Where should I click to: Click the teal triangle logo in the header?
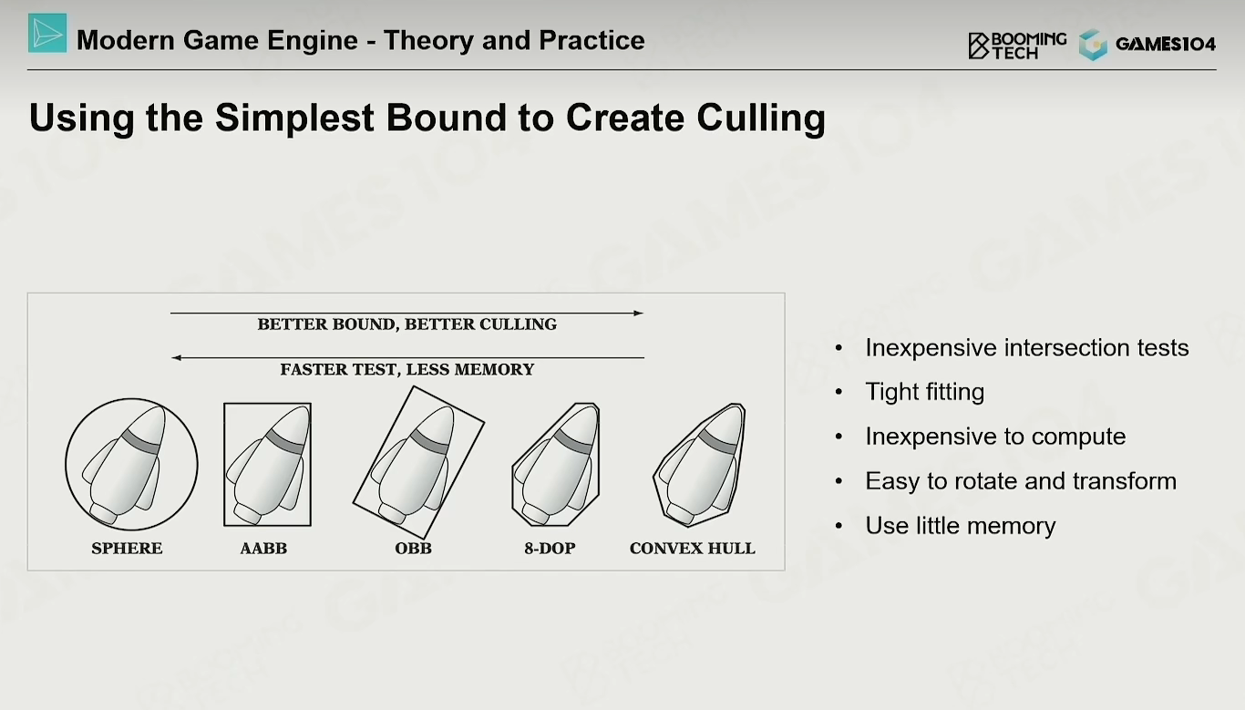pyautogui.click(x=47, y=34)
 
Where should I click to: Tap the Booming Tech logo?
pyautogui.click(x=1017, y=45)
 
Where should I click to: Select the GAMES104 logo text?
pyautogui.click(x=1166, y=44)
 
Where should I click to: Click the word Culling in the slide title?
pyautogui.click(x=761, y=118)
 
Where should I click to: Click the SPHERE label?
pyautogui.click(x=127, y=548)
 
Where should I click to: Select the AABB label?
pyautogui.click(x=263, y=548)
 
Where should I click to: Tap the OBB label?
pyautogui.click(x=413, y=548)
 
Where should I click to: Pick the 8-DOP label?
pyautogui.click(x=550, y=548)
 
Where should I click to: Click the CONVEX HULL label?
pyautogui.click(x=692, y=548)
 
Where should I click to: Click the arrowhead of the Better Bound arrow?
pyautogui.click(x=639, y=313)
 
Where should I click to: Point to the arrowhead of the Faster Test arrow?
pyautogui.click(x=176, y=357)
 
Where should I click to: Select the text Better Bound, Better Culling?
pyautogui.click(x=406, y=324)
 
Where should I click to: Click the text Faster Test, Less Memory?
pyautogui.click(x=406, y=369)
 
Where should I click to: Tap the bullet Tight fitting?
pyautogui.click(x=925, y=392)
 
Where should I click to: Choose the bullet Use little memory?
pyautogui.click(x=961, y=525)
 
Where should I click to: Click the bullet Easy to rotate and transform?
pyautogui.click(x=1021, y=481)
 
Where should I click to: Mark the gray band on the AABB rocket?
pyautogui.click(x=285, y=441)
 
